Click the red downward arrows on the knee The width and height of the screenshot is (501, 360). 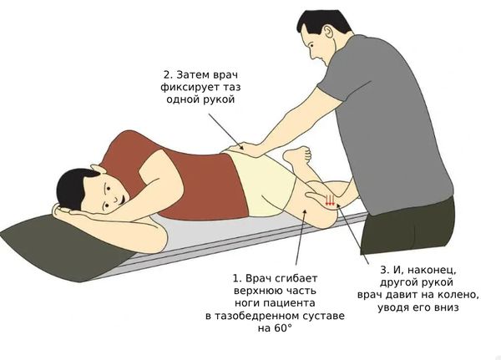tap(330, 200)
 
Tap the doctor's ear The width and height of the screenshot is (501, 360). tap(329, 33)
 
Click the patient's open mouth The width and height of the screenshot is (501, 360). tap(123, 198)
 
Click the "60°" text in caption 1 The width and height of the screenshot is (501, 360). tap(282, 328)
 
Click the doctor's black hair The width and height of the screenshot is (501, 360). tap(322, 23)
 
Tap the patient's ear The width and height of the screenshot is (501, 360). tap(97, 169)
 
